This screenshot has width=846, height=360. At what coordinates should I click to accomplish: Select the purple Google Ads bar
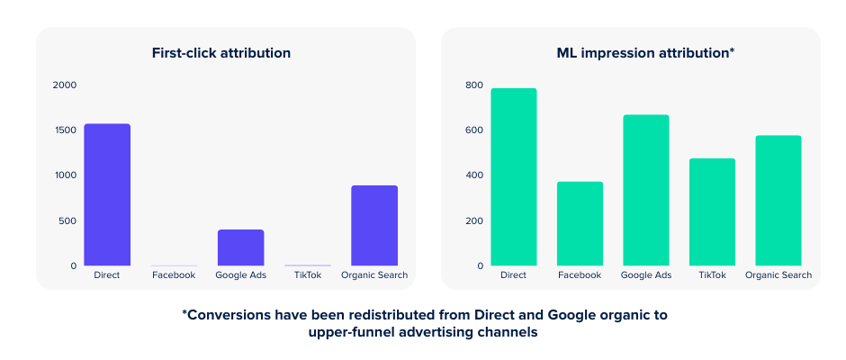[x=240, y=247]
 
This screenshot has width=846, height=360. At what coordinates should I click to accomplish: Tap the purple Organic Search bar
[x=374, y=225]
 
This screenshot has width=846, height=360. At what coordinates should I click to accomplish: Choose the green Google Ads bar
[x=646, y=190]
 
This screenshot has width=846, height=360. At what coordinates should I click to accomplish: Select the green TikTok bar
[x=712, y=211]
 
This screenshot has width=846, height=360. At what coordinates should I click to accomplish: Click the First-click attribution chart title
[x=221, y=53]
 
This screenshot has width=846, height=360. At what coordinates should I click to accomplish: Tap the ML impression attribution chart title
[x=645, y=53]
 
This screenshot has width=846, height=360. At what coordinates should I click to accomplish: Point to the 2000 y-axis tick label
[x=65, y=85]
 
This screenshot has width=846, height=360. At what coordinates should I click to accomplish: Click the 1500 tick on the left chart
[x=65, y=130]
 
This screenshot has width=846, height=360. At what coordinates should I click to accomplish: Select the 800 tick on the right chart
[x=473, y=85]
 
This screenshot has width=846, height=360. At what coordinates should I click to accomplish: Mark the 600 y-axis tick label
[x=473, y=130]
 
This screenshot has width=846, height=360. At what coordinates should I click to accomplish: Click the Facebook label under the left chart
[x=174, y=275]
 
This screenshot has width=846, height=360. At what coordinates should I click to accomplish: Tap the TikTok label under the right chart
[x=712, y=275]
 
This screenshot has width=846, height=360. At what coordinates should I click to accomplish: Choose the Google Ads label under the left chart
[x=240, y=275]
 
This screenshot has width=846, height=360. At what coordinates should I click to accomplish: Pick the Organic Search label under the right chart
[x=778, y=275]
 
